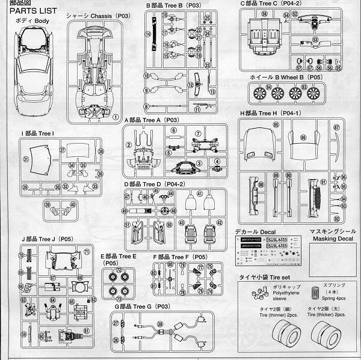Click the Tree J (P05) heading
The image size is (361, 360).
tap(46, 239)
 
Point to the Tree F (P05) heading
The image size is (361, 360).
tap(180, 257)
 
